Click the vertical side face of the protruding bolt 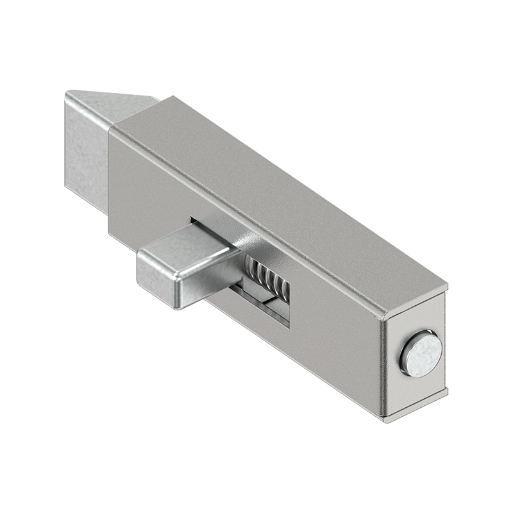(x=87, y=147)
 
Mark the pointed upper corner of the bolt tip (x=71, y=92)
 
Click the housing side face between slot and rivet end (x=333, y=321)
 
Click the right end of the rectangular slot (x=287, y=301)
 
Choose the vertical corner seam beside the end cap (x=383, y=366)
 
